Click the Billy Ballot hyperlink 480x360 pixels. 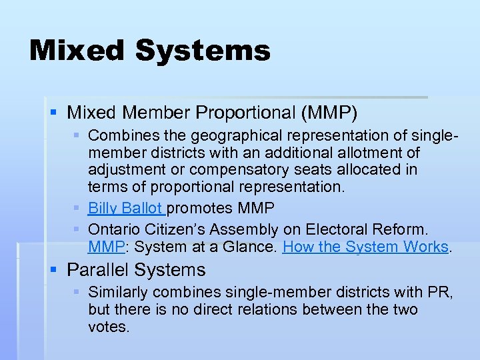point(125,209)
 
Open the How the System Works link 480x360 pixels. point(365,247)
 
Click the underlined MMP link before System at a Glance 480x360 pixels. point(102,247)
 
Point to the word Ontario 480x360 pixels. point(113,229)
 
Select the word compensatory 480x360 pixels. point(234,170)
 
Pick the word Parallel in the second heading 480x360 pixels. point(98,270)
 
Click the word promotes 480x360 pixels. point(196,209)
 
